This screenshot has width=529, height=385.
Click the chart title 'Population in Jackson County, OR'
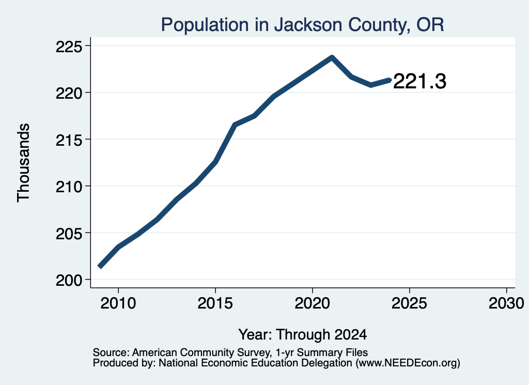[x=302, y=25]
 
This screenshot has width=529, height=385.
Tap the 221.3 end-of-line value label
[x=419, y=81]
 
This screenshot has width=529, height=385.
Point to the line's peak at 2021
[x=332, y=57]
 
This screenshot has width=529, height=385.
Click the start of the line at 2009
[x=100, y=267]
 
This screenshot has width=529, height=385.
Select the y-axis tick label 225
[x=69, y=46]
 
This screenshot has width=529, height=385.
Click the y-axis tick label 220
[x=69, y=93]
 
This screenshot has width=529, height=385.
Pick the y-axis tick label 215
[x=69, y=140]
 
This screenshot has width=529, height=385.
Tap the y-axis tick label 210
[x=69, y=186]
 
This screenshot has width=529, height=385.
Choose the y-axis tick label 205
[x=69, y=233]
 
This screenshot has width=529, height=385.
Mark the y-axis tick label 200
[x=69, y=280]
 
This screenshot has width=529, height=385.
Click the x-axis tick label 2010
[x=118, y=303]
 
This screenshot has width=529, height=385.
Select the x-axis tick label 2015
[x=215, y=303]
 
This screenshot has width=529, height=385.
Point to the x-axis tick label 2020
[x=313, y=303]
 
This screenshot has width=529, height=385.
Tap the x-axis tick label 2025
[x=409, y=303]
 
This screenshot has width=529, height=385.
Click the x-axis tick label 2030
[x=506, y=303]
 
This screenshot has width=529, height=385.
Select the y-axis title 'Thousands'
[x=24, y=163]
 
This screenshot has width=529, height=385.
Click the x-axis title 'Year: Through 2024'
[x=303, y=334]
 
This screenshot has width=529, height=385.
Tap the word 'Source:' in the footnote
[x=111, y=352]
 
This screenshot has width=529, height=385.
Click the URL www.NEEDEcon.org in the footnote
[x=407, y=363]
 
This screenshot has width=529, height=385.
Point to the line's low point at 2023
[x=371, y=85]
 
